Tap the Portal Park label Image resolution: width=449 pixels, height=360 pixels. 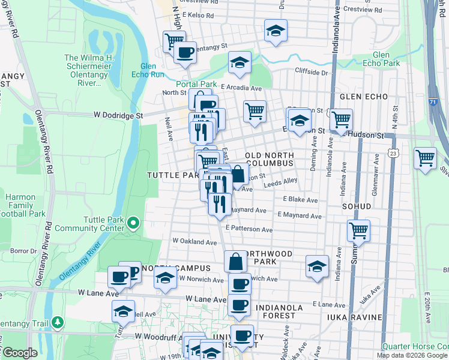(195, 84)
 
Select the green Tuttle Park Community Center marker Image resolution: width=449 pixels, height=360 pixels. (133, 224)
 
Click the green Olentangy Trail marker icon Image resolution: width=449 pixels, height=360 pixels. (58, 322)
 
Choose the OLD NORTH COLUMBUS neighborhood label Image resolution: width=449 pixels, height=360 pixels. (269, 159)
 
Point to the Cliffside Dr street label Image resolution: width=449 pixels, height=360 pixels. (312, 73)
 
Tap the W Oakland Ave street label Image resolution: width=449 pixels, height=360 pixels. (194, 241)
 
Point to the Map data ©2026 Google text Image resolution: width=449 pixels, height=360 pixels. (412, 355)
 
